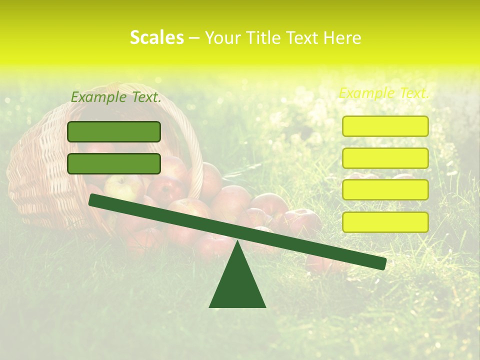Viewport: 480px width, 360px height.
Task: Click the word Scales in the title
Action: tap(156, 37)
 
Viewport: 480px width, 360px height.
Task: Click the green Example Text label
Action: tap(116, 97)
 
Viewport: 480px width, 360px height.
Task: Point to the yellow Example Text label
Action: tap(384, 93)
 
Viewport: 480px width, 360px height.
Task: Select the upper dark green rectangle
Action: tap(114, 131)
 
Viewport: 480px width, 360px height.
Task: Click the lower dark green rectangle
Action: tap(114, 163)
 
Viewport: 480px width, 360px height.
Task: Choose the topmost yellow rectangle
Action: tap(385, 126)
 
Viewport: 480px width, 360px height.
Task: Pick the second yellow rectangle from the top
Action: tap(385, 158)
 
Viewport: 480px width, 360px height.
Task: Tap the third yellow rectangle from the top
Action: tap(385, 190)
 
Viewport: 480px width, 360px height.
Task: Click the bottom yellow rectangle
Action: tap(385, 222)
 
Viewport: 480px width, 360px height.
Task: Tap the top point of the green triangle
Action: tap(237, 242)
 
